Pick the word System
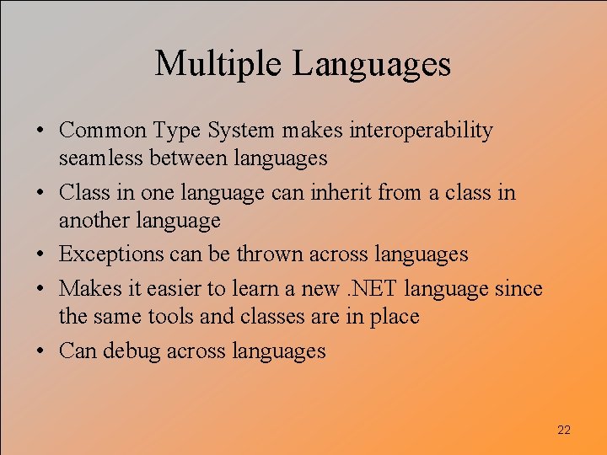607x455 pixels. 239,131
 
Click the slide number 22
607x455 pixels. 564,431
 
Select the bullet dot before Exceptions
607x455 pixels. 41,254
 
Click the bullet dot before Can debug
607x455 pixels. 41,351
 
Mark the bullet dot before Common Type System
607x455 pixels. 41,131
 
